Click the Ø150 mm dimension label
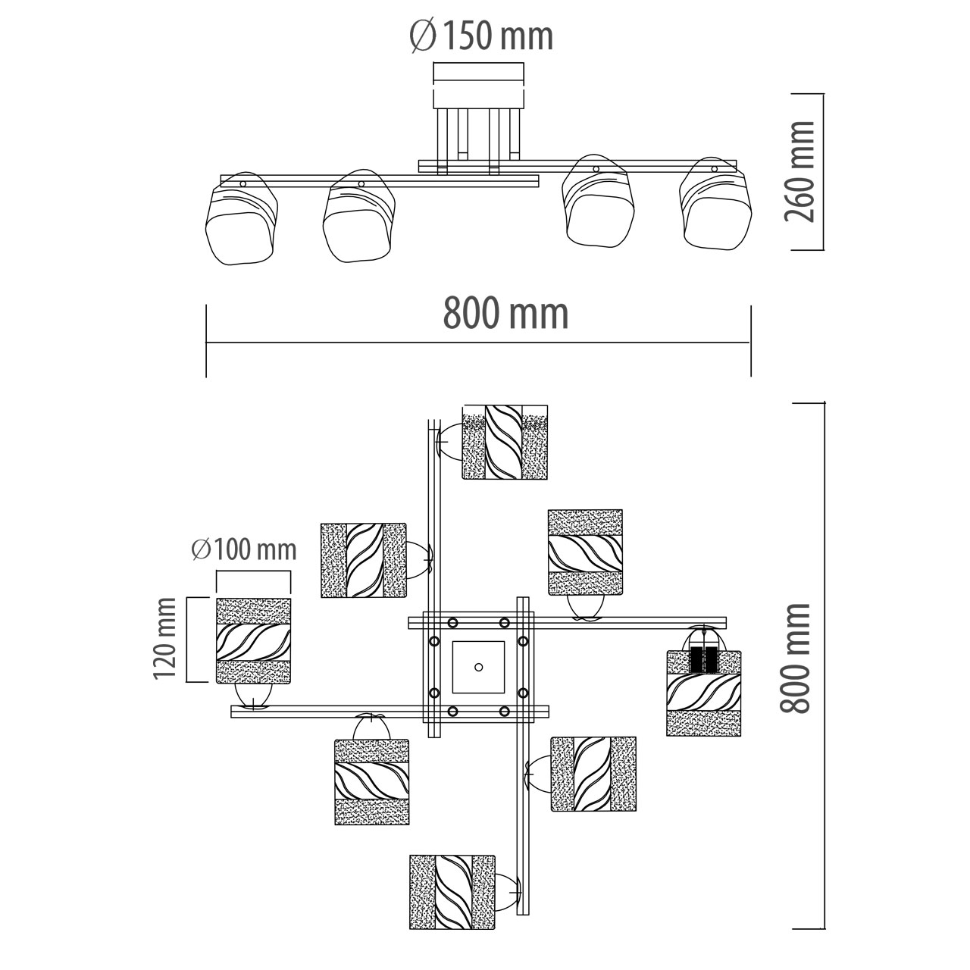click(482, 36)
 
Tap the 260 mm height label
click(799, 172)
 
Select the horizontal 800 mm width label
click(505, 313)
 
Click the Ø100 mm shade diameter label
click(244, 549)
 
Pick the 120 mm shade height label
click(165, 639)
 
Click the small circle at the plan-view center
click(479, 667)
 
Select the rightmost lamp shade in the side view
click(715, 203)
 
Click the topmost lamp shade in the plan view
click(505, 442)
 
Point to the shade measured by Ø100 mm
click(253, 640)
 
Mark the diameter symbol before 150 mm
click(422, 36)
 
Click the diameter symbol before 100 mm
click(200, 549)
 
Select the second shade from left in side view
click(359, 216)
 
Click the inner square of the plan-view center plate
click(478, 668)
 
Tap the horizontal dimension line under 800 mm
click(478, 343)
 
